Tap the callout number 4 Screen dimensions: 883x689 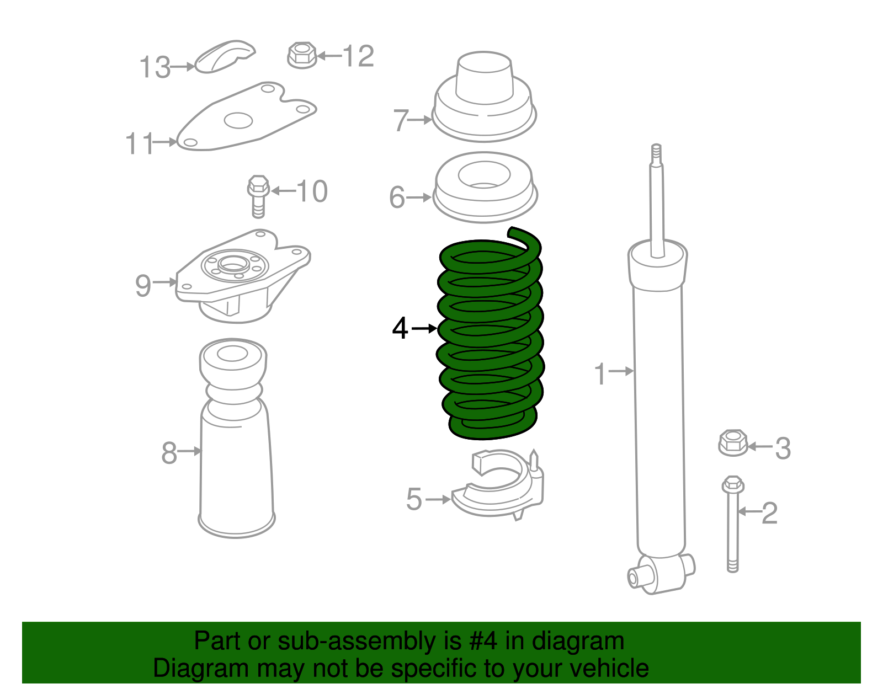(x=400, y=328)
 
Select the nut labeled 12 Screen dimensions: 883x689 (x=302, y=55)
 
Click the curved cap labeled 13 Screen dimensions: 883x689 (x=224, y=56)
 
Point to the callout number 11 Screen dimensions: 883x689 (x=140, y=143)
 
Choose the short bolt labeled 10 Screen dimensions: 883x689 (x=258, y=196)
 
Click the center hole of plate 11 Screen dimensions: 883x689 (x=238, y=121)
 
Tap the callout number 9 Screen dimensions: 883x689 (x=142, y=286)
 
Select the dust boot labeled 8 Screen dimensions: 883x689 (x=236, y=439)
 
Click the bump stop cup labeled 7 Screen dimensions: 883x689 (x=484, y=98)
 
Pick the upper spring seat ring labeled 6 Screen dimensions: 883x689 (x=485, y=188)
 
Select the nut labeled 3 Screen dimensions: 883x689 (x=733, y=443)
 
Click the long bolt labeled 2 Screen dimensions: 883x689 (x=733, y=524)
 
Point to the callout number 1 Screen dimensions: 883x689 (x=600, y=374)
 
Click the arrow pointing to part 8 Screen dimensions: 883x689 (x=189, y=451)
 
